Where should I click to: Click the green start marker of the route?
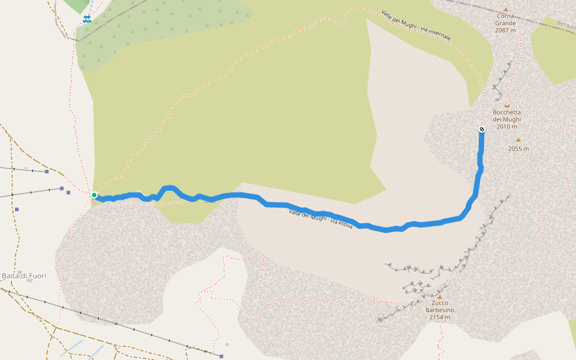(94, 195)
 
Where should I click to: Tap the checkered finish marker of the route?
(482, 130)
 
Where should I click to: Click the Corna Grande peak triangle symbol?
(505, 10)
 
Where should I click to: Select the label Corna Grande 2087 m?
(505, 23)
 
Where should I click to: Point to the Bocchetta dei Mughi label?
(506, 119)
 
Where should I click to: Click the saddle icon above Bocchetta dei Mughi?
(506, 104)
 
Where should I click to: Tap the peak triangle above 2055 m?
(518, 140)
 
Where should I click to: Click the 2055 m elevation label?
(518, 149)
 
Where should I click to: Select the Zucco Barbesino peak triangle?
(439, 296)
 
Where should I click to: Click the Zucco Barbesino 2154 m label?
(439, 310)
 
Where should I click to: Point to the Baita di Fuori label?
(24, 276)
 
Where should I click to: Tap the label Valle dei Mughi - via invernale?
(415, 25)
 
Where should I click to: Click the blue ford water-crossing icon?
(87, 19)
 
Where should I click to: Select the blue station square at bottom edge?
(221, 356)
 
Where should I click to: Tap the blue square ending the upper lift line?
(47, 172)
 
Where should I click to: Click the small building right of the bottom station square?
(227, 344)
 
